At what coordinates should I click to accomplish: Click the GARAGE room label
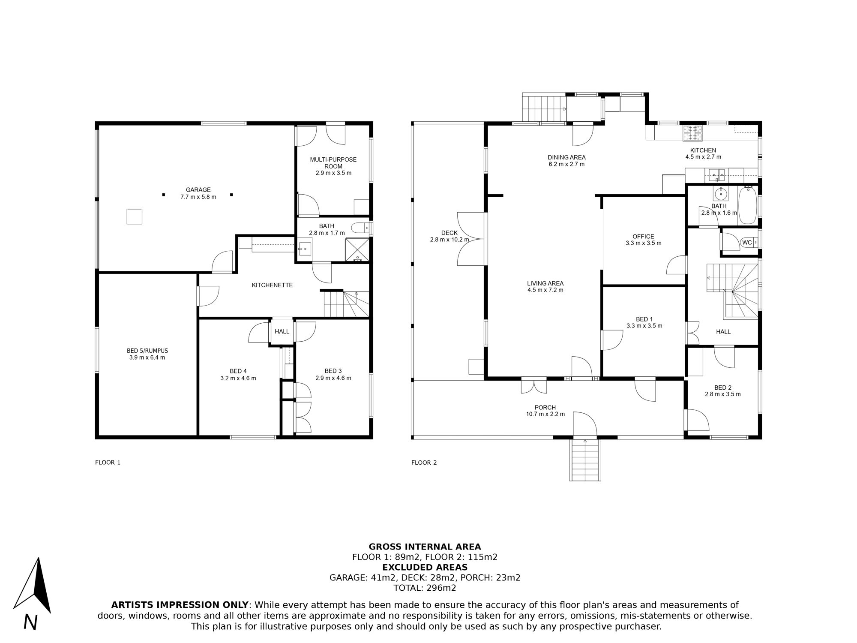tap(198, 190)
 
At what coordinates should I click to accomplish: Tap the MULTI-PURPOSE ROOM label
tap(333, 163)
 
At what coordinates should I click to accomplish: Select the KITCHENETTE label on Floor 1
tap(272, 285)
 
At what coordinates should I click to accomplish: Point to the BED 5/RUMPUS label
tap(147, 351)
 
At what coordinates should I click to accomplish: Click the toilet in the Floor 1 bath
tap(359, 227)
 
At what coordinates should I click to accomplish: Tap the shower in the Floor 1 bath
tap(357, 249)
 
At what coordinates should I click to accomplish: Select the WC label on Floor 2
tap(747, 243)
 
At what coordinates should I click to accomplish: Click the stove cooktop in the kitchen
tap(693, 132)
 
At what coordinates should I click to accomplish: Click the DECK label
tap(449, 233)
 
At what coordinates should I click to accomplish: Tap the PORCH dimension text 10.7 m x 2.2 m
tap(545, 414)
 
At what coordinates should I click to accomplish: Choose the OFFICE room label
tap(644, 236)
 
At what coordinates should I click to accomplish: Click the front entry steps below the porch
tap(585, 460)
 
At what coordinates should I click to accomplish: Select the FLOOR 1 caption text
tap(108, 463)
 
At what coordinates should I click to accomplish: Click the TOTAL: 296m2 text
tap(425, 588)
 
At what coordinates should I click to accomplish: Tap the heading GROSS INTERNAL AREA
tap(425, 547)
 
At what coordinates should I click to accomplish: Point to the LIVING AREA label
tap(545, 283)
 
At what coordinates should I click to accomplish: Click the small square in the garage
tap(134, 216)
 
